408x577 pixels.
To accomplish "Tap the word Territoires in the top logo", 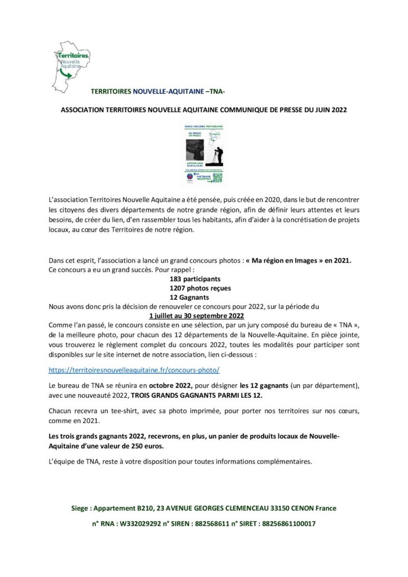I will click(73, 56).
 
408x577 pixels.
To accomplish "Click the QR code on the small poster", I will click(216, 177).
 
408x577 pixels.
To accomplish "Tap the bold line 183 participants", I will click(195, 278).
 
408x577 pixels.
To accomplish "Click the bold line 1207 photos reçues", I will click(200, 287).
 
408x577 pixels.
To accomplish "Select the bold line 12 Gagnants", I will click(190, 297).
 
